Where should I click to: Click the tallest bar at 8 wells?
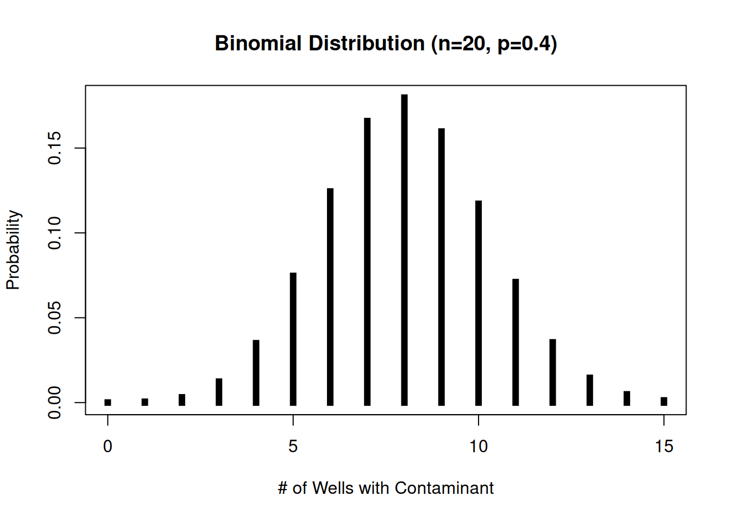tap(404, 250)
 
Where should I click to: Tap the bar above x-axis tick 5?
tap(293, 339)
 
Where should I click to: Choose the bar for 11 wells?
tap(515, 342)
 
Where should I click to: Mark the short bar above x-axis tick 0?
tap(108, 402)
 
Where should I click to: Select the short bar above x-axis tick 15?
tap(664, 401)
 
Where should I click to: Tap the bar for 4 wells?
tap(256, 373)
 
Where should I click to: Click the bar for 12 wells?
tap(552, 372)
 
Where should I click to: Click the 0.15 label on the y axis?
tap(55, 148)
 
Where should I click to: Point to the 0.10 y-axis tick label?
tap(55, 233)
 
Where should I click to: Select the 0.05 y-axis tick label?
tap(55, 317)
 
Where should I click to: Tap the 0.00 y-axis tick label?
tap(55, 403)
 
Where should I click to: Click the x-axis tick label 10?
tap(479, 447)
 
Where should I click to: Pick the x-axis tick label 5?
tap(293, 447)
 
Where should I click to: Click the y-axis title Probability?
tap(13, 250)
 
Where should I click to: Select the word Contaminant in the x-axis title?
tap(444, 488)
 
